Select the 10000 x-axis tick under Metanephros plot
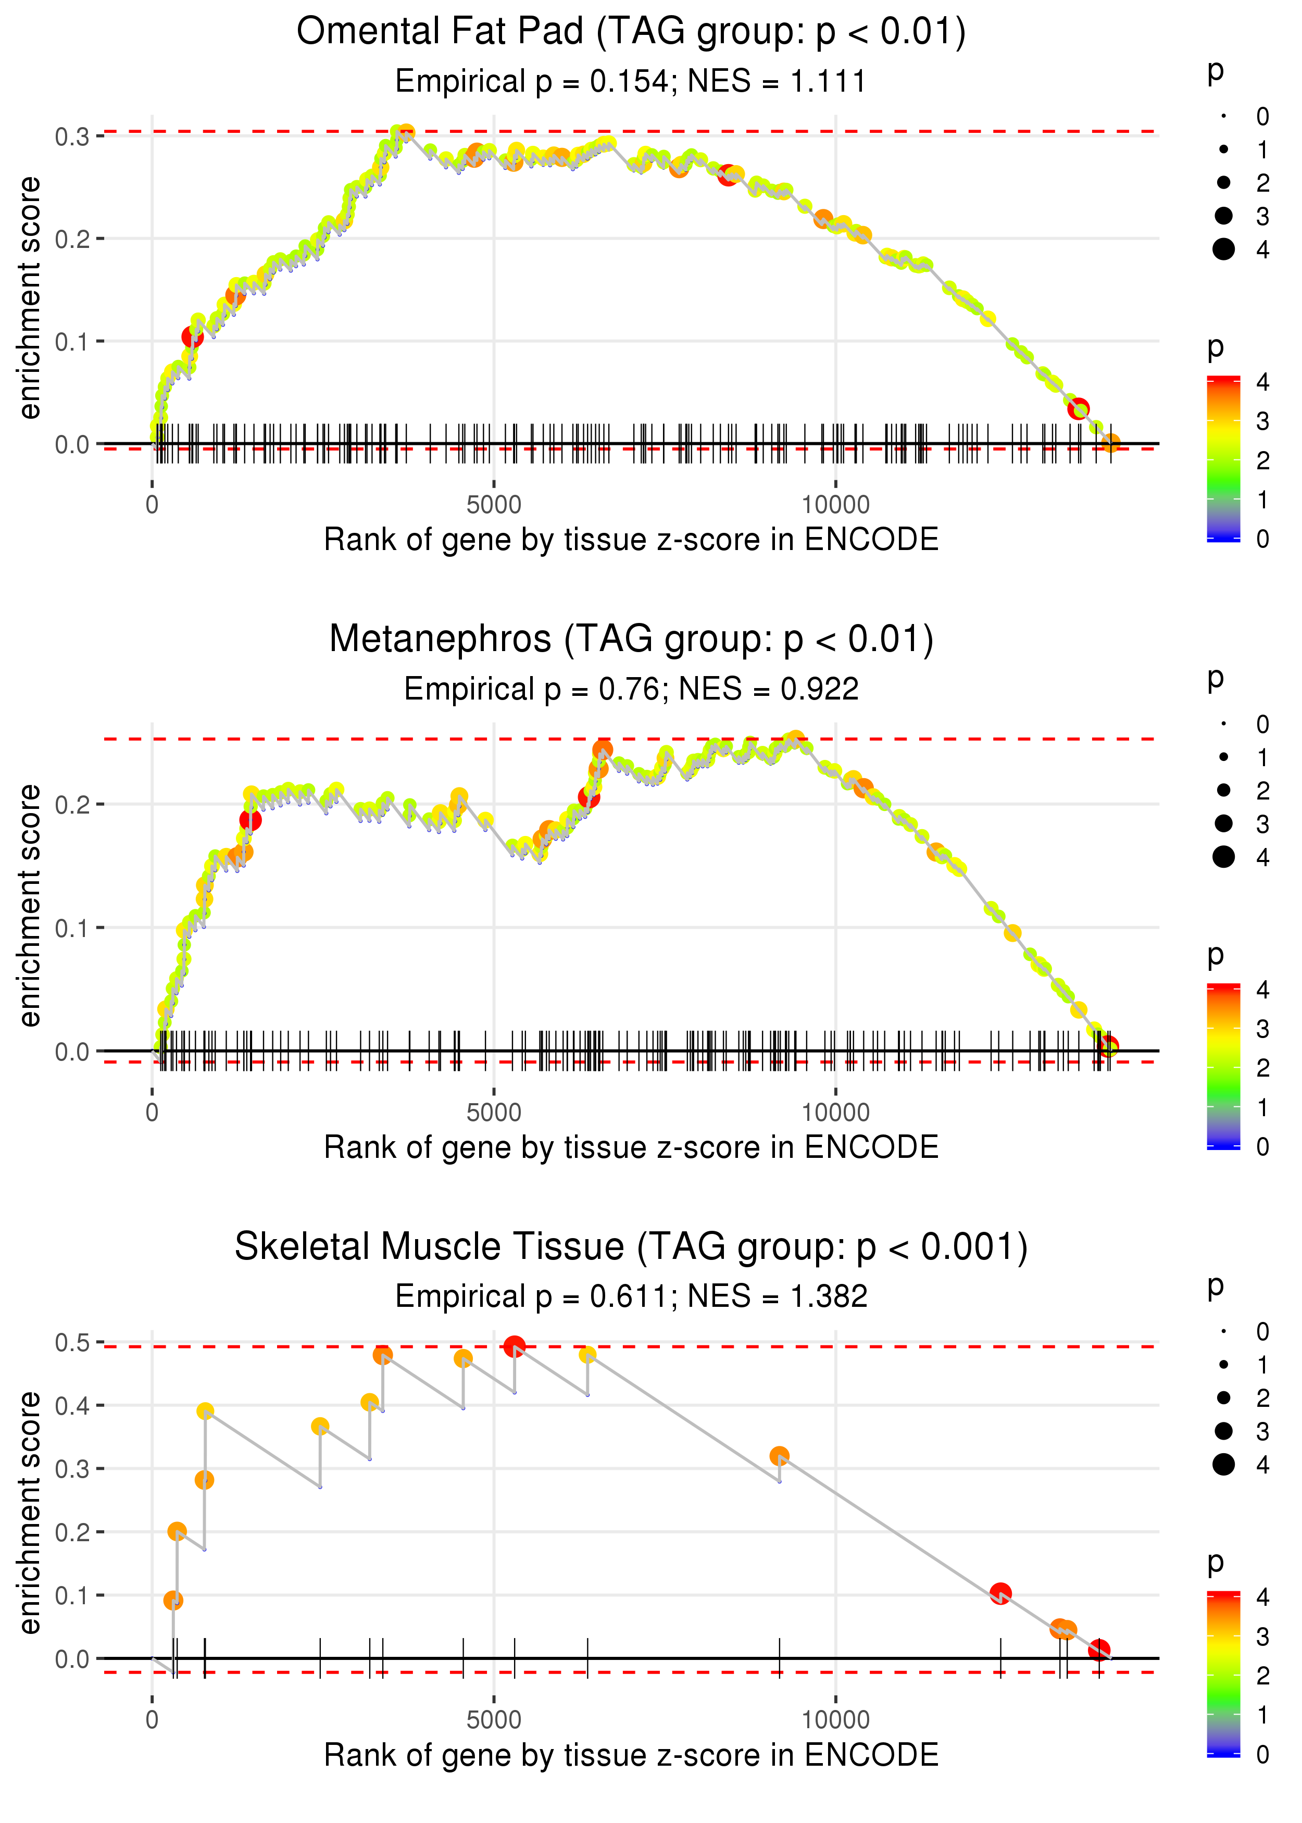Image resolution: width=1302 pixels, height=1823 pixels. click(x=835, y=1112)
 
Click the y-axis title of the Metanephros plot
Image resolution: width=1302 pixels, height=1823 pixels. click(x=30, y=906)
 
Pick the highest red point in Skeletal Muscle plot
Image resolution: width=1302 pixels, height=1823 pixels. click(x=515, y=1347)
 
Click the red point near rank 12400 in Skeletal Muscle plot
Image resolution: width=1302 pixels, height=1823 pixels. click(x=1000, y=1593)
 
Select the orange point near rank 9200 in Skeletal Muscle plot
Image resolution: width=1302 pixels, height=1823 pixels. click(x=779, y=1456)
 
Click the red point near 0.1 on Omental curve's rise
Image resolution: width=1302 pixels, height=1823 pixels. click(x=192, y=336)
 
